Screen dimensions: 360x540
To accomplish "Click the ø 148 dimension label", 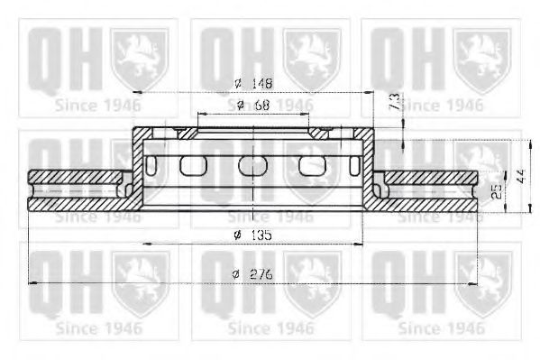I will (x=252, y=83).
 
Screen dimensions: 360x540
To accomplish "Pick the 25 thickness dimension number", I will (x=495, y=189).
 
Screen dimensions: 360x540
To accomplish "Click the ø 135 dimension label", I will (x=252, y=235).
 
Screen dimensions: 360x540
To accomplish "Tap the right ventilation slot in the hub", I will (x=311, y=165).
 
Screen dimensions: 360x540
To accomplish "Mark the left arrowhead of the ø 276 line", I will (x=35, y=283).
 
